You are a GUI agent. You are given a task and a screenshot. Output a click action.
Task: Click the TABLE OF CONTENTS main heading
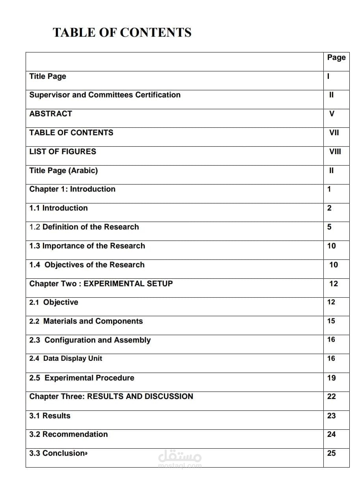pyautogui.click(x=122, y=32)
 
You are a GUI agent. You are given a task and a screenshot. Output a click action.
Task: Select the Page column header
pyautogui.click(x=336, y=58)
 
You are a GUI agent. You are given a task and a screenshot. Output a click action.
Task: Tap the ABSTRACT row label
pyautogui.click(x=51, y=114)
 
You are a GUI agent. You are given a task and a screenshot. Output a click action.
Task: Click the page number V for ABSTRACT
pyautogui.click(x=332, y=114)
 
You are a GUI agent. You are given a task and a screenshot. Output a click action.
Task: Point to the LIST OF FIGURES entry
pyautogui.click(x=63, y=151)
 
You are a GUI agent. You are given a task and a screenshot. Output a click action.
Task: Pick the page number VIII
pyautogui.click(x=335, y=151)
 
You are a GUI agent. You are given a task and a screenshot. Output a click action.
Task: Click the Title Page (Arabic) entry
pyautogui.click(x=63, y=170)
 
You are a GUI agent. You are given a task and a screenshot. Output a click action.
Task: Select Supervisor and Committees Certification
pyautogui.click(x=105, y=95)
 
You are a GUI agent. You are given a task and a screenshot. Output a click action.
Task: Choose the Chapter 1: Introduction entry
pyautogui.click(x=72, y=189)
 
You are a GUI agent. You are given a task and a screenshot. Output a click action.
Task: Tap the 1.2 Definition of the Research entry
pyautogui.click(x=84, y=227)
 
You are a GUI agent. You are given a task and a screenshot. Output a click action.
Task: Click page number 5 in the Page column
pyautogui.click(x=329, y=227)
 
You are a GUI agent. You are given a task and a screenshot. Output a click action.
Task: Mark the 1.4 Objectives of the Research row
pyautogui.click(x=87, y=265)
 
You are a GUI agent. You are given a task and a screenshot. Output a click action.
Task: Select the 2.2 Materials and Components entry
pyautogui.click(x=86, y=321)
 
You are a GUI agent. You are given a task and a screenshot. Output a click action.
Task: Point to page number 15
pyautogui.click(x=331, y=321)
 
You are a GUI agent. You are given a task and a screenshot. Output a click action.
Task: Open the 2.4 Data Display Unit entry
pyautogui.click(x=66, y=358)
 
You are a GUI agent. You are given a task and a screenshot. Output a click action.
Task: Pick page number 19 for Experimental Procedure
pyautogui.click(x=331, y=378)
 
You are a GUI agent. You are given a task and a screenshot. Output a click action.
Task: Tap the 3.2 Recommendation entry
pyautogui.click(x=69, y=434)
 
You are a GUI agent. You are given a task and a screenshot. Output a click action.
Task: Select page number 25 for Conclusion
pyautogui.click(x=331, y=453)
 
